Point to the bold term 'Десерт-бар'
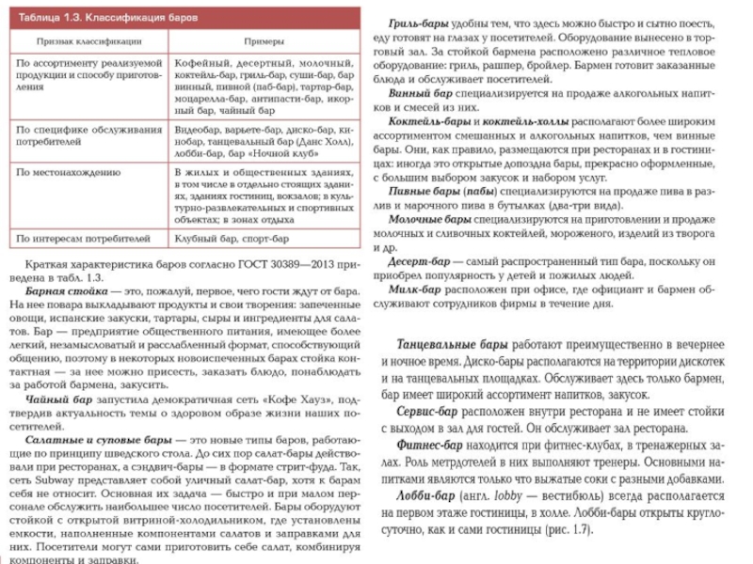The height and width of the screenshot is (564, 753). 422,258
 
